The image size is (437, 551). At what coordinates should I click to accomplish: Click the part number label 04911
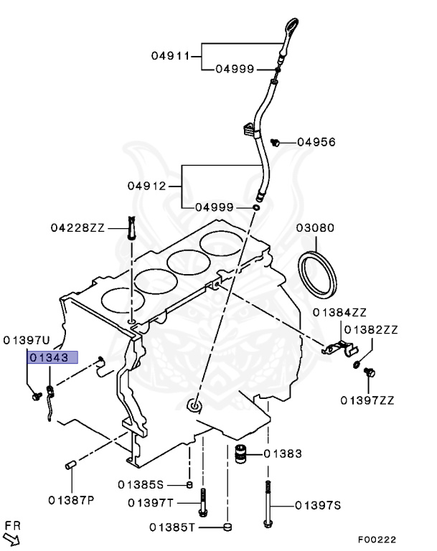tap(169, 55)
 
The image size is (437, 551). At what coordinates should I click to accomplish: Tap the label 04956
tap(316, 142)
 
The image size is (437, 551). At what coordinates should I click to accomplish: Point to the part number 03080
tap(315, 228)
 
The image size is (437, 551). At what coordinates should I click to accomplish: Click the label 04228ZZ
tap(77, 227)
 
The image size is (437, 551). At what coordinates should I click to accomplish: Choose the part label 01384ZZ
tap(339, 312)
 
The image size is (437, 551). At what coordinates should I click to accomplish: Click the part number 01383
tap(282, 453)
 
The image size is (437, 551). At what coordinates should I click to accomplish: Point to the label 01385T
tap(172, 527)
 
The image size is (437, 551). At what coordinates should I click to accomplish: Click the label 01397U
tap(27, 339)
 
